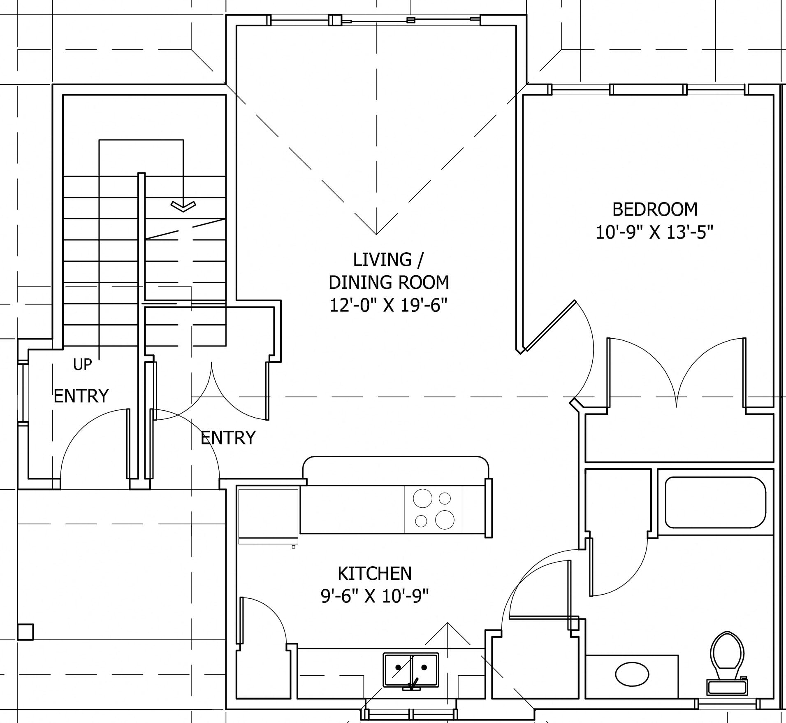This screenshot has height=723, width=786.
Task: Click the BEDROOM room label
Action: point(655,209)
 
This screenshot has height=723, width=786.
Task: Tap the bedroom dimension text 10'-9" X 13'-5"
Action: point(654,232)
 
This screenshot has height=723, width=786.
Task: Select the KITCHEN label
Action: point(374,573)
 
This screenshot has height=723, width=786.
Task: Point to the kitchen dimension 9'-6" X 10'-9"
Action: point(374,596)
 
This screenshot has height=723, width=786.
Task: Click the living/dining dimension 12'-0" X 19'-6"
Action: point(388,305)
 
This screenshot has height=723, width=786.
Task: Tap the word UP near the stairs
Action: point(82,364)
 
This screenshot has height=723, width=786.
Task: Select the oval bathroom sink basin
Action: point(632,674)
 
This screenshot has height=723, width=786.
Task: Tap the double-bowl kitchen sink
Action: point(411,670)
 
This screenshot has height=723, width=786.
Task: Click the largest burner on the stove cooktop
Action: point(445,519)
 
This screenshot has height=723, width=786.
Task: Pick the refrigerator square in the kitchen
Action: point(268,514)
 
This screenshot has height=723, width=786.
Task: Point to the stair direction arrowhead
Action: point(183,206)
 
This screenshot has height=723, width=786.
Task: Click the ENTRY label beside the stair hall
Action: point(81,396)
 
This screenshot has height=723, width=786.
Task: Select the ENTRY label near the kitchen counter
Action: point(228,437)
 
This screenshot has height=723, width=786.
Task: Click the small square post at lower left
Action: point(25,632)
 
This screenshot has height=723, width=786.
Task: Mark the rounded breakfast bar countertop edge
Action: point(396,457)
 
